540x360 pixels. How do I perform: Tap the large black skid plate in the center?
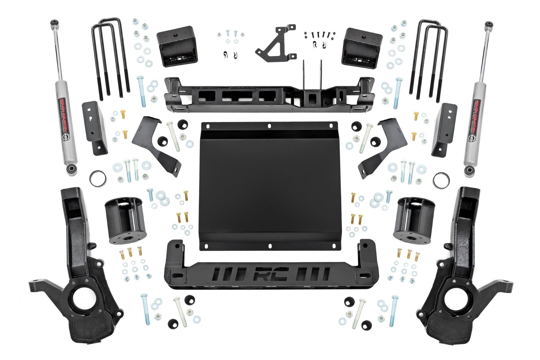(x=270, y=186)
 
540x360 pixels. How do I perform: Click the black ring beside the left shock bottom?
(x=97, y=179)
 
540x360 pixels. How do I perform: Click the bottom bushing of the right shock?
(x=469, y=171)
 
